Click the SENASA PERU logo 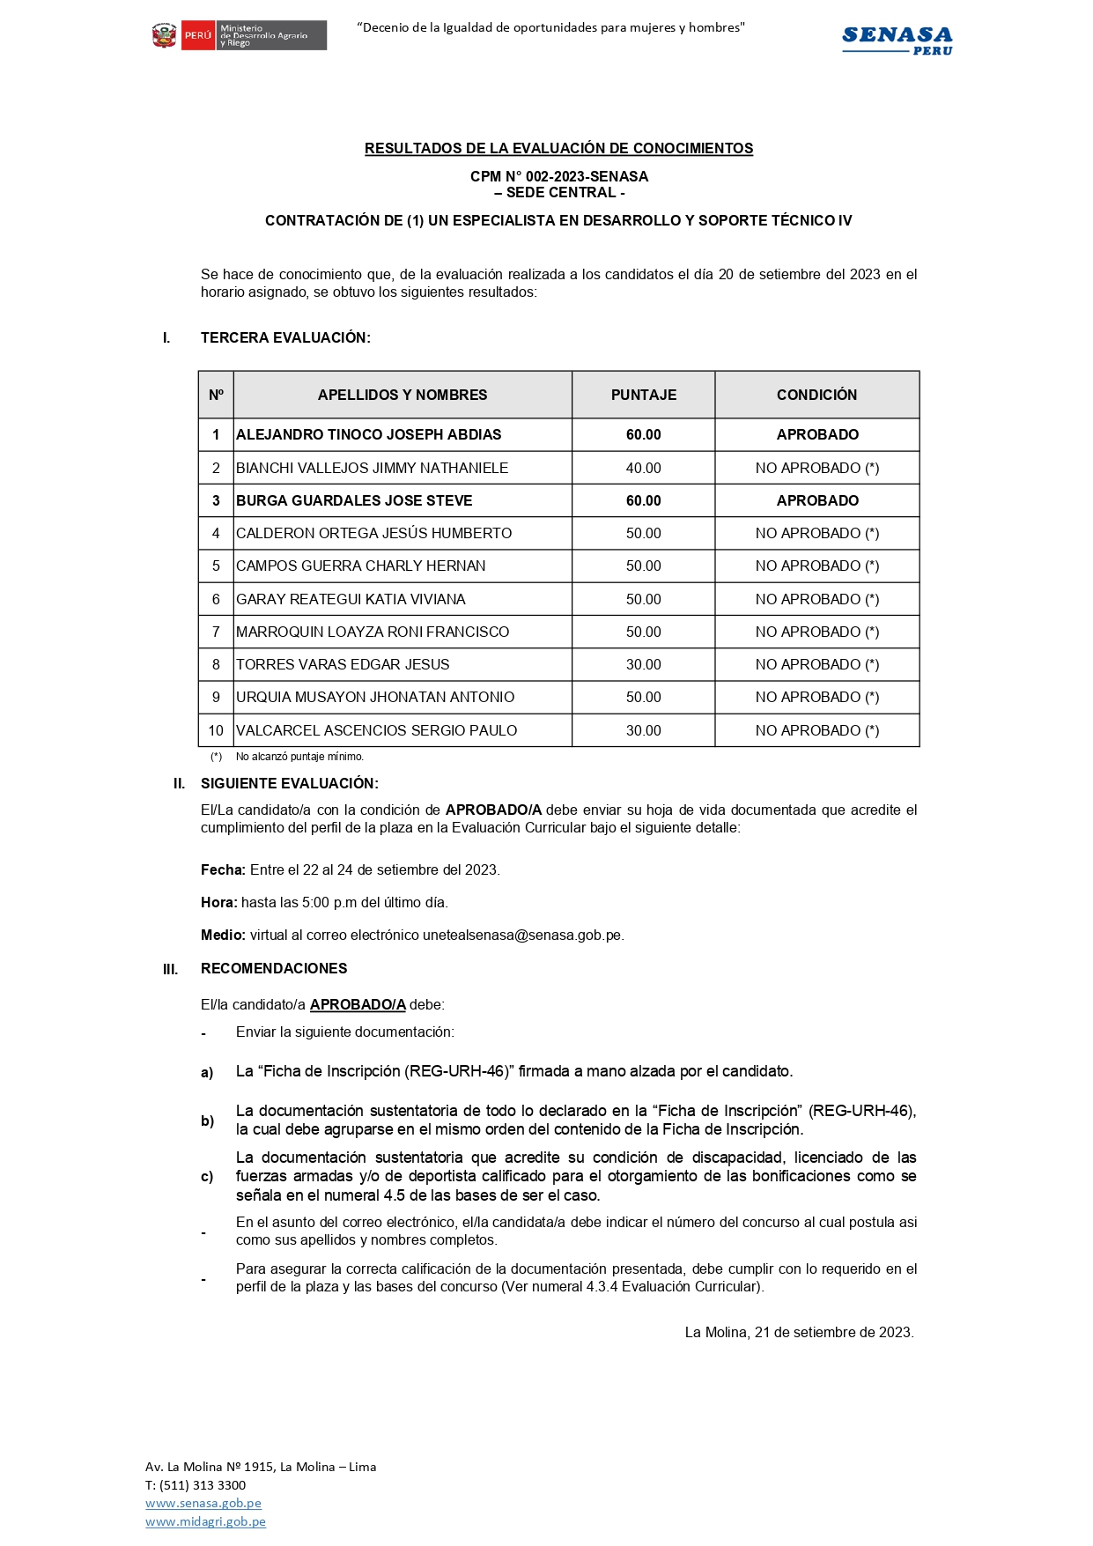pos(897,40)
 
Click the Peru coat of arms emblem pos(165,36)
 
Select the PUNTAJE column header pos(643,395)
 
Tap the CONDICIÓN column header pos(816,395)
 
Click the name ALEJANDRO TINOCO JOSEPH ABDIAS pos(368,434)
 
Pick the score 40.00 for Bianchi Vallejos pos(643,468)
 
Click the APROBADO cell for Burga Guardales pos(816,500)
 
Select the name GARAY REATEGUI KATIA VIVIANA pos(351,599)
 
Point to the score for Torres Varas pos(643,664)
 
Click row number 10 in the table pos(216,730)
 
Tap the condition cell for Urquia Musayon pos(816,697)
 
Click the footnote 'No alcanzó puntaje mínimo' pos(299,757)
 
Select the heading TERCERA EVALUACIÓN pos(285,337)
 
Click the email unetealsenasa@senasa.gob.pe pos(522,936)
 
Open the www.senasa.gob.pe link pos(203,1503)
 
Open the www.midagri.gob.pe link pos(205,1521)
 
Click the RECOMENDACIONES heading pos(274,968)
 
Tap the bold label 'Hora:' pos(219,903)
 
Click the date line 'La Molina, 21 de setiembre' pos(799,1332)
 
